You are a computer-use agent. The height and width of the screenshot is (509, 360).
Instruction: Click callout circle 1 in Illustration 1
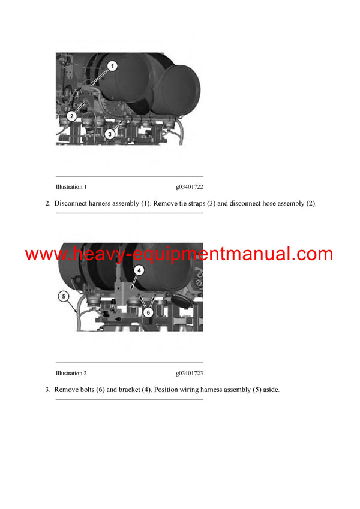pos(112,65)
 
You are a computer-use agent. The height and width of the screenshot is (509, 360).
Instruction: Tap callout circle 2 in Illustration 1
pos(71,116)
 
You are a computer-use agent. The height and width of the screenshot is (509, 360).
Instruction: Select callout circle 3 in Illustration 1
pos(110,135)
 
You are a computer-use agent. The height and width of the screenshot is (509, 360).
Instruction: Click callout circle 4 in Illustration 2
pos(138,270)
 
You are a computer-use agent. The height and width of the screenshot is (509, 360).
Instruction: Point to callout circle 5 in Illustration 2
pos(64,296)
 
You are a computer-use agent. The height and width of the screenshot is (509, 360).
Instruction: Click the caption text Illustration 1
pos(71,187)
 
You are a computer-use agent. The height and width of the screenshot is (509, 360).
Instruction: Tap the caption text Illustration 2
pos(71,373)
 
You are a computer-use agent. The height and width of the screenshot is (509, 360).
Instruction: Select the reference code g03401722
pos(190,187)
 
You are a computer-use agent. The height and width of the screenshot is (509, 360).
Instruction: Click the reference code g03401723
pos(190,373)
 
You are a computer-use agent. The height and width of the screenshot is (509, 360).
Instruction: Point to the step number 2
pos(47,204)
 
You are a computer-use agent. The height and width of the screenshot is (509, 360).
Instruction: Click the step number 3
pos(47,390)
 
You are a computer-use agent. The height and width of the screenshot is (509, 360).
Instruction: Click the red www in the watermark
pos(45,254)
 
